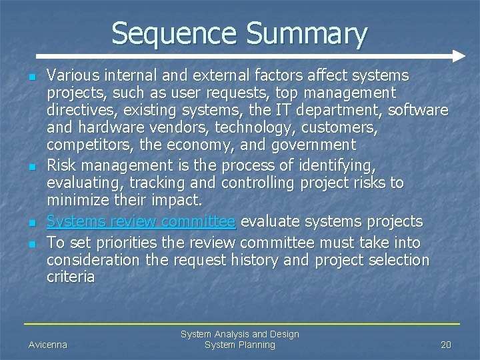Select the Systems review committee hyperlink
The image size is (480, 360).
point(141,221)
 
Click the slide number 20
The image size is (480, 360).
point(446,345)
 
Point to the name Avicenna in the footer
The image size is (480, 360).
point(47,345)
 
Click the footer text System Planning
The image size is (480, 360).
point(239,345)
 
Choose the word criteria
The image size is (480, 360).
point(71,277)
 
